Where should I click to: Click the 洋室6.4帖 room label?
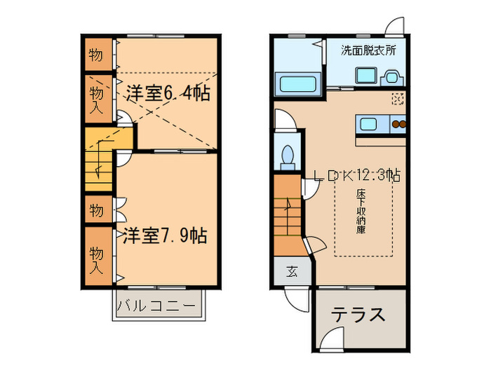pos(169,93)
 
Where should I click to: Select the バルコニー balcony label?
pos(156,306)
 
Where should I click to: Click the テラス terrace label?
pos(358,315)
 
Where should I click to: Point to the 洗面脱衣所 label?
pos(368,50)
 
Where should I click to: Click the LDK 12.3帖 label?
pos(357,176)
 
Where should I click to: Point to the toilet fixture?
pos(287,156)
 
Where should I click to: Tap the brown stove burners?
pos(398,125)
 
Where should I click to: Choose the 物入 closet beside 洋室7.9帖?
pos(96,256)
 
